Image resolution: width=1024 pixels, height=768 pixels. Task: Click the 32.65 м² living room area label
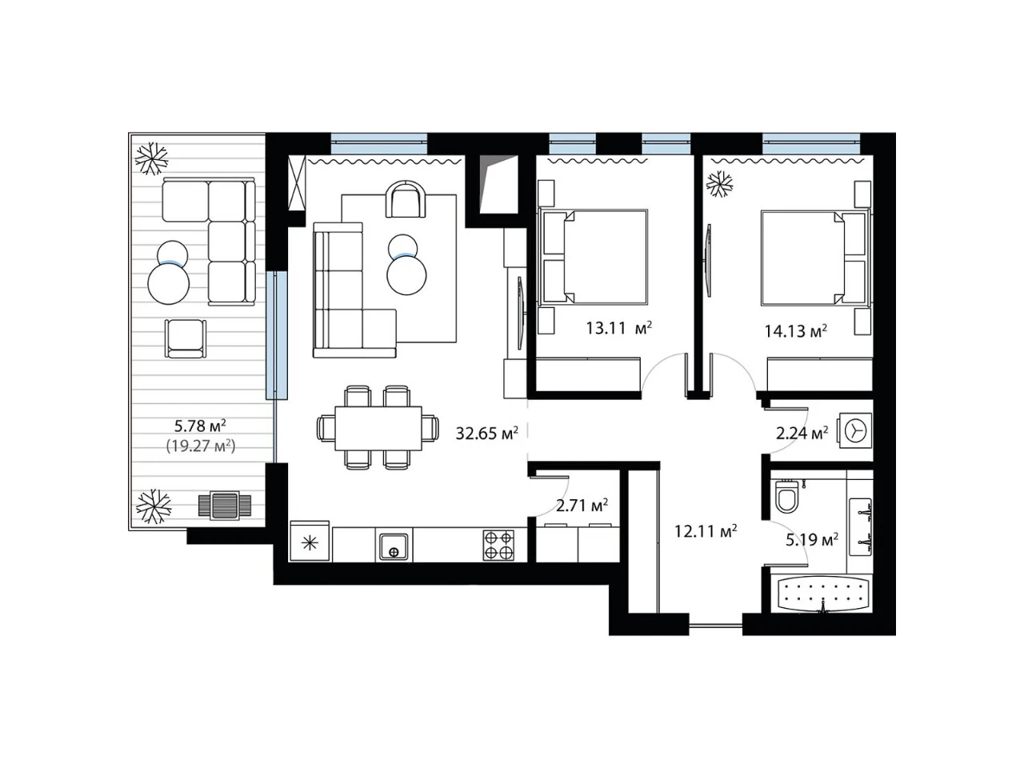[x=486, y=433]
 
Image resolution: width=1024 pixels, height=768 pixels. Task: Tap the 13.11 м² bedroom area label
[x=618, y=328]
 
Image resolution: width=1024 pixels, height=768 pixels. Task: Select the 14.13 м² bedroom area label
[x=795, y=330]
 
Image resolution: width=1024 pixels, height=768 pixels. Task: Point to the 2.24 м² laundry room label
[x=802, y=433]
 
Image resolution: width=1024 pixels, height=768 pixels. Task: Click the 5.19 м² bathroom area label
[x=812, y=539]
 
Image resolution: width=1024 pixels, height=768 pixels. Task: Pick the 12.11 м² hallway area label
[x=706, y=530]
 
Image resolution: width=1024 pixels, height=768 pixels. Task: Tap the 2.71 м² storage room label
[x=582, y=505]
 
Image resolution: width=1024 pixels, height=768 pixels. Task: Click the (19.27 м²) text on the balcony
[x=201, y=446]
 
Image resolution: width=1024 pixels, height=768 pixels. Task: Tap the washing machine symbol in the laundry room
[x=855, y=430]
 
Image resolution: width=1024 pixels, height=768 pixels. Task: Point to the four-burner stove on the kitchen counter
[x=498, y=545]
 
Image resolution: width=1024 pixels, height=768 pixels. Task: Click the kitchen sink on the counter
[x=394, y=546]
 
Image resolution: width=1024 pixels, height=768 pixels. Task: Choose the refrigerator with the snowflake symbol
[x=310, y=542]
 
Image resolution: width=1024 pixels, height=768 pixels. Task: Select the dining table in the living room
[x=378, y=428]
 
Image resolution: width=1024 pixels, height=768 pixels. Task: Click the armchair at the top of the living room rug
[x=406, y=199]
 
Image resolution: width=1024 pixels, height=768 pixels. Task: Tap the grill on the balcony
[x=224, y=506]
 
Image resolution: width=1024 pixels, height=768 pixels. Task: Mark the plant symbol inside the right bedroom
[x=719, y=184]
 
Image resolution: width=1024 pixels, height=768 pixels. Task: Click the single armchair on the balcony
[x=186, y=338]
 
